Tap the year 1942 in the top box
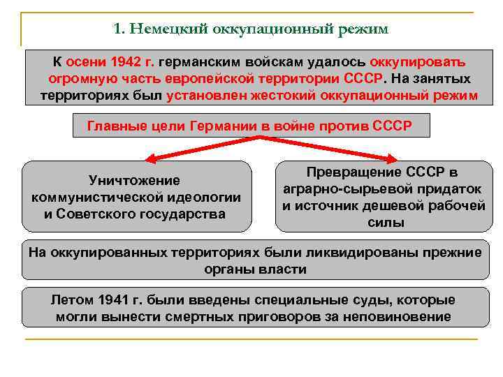tap(129, 61)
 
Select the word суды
tap(360, 301)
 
